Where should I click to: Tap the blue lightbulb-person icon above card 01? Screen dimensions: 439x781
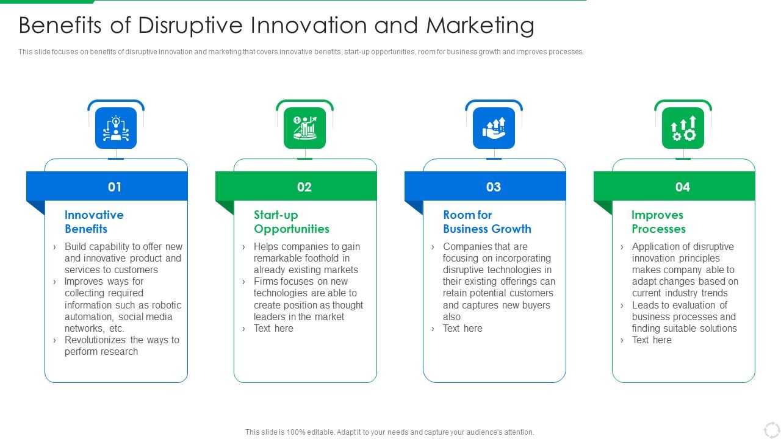[x=115, y=128]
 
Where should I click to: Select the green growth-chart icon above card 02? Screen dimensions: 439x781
[x=304, y=128]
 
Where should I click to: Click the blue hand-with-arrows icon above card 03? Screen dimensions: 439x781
[x=494, y=128]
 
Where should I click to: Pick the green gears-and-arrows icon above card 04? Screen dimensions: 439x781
[x=683, y=128]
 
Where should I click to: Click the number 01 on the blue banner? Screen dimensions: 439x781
[x=115, y=187]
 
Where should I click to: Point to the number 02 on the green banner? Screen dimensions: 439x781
[x=304, y=187]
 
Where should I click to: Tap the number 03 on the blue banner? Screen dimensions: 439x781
[x=493, y=187]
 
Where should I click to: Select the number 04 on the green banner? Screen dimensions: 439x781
[x=682, y=187]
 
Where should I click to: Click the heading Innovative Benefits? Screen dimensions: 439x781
[x=94, y=222]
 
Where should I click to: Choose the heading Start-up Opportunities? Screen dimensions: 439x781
[x=291, y=222]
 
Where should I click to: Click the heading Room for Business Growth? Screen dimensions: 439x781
[x=486, y=222]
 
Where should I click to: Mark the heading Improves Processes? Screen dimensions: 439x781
[x=658, y=222]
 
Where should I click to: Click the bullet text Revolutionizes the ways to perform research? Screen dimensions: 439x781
[x=121, y=346]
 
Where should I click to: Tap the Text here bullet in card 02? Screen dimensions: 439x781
[x=273, y=329]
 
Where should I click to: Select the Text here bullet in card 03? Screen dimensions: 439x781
[x=462, y=329]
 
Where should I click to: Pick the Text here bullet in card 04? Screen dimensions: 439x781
[x=652, y=340]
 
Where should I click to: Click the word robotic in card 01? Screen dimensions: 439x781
[x=167, y=305]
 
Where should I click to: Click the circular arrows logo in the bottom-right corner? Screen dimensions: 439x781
[x=771, y=429]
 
